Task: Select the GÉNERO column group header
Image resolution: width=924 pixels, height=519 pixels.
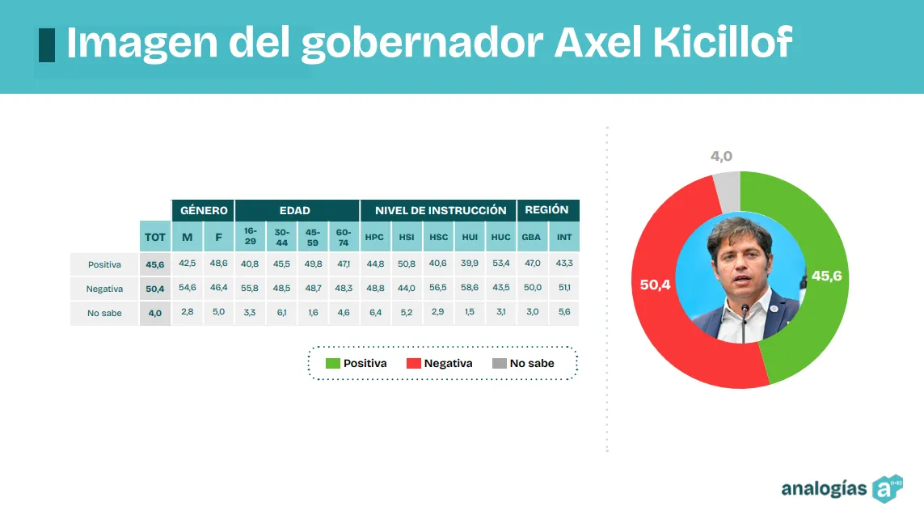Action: click(204, 210)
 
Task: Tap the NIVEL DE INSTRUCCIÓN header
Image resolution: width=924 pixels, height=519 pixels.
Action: click(441, 210)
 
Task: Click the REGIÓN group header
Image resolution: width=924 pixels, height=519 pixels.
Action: click(547, 210)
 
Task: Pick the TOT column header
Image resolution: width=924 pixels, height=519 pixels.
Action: click(154, 237)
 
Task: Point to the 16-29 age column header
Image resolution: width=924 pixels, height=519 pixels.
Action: click(250, 237)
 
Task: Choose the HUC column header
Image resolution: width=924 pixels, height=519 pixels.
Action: click(500, 237)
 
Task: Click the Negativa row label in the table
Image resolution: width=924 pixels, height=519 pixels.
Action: click(105, 289)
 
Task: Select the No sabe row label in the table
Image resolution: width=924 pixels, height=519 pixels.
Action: click(105, 313)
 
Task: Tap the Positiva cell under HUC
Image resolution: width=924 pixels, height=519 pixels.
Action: click(500, 264)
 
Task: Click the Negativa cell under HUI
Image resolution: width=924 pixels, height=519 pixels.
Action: click(469, 289)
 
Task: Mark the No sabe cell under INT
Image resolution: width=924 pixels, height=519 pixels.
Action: click(564, 313)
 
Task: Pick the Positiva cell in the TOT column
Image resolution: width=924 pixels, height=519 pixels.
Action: click(154, 264)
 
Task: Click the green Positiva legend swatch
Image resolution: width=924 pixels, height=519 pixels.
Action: click(332, 363)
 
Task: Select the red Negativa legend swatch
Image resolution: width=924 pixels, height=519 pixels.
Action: click(413, 363)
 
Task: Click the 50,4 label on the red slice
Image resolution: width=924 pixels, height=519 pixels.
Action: click(656, 285)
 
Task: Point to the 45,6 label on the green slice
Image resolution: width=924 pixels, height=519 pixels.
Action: click(826, 276)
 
